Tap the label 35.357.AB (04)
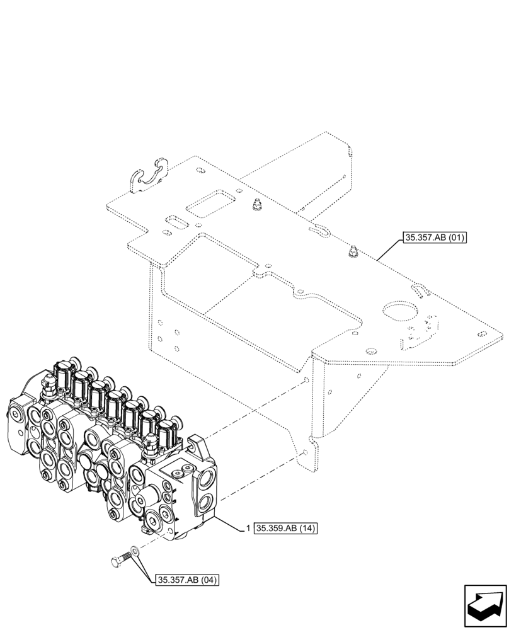coord(186,580)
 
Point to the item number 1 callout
coord(248,528)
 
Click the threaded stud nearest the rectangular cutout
coord(256,205)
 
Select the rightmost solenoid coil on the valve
coord(165,435)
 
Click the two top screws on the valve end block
coord(181,469)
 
